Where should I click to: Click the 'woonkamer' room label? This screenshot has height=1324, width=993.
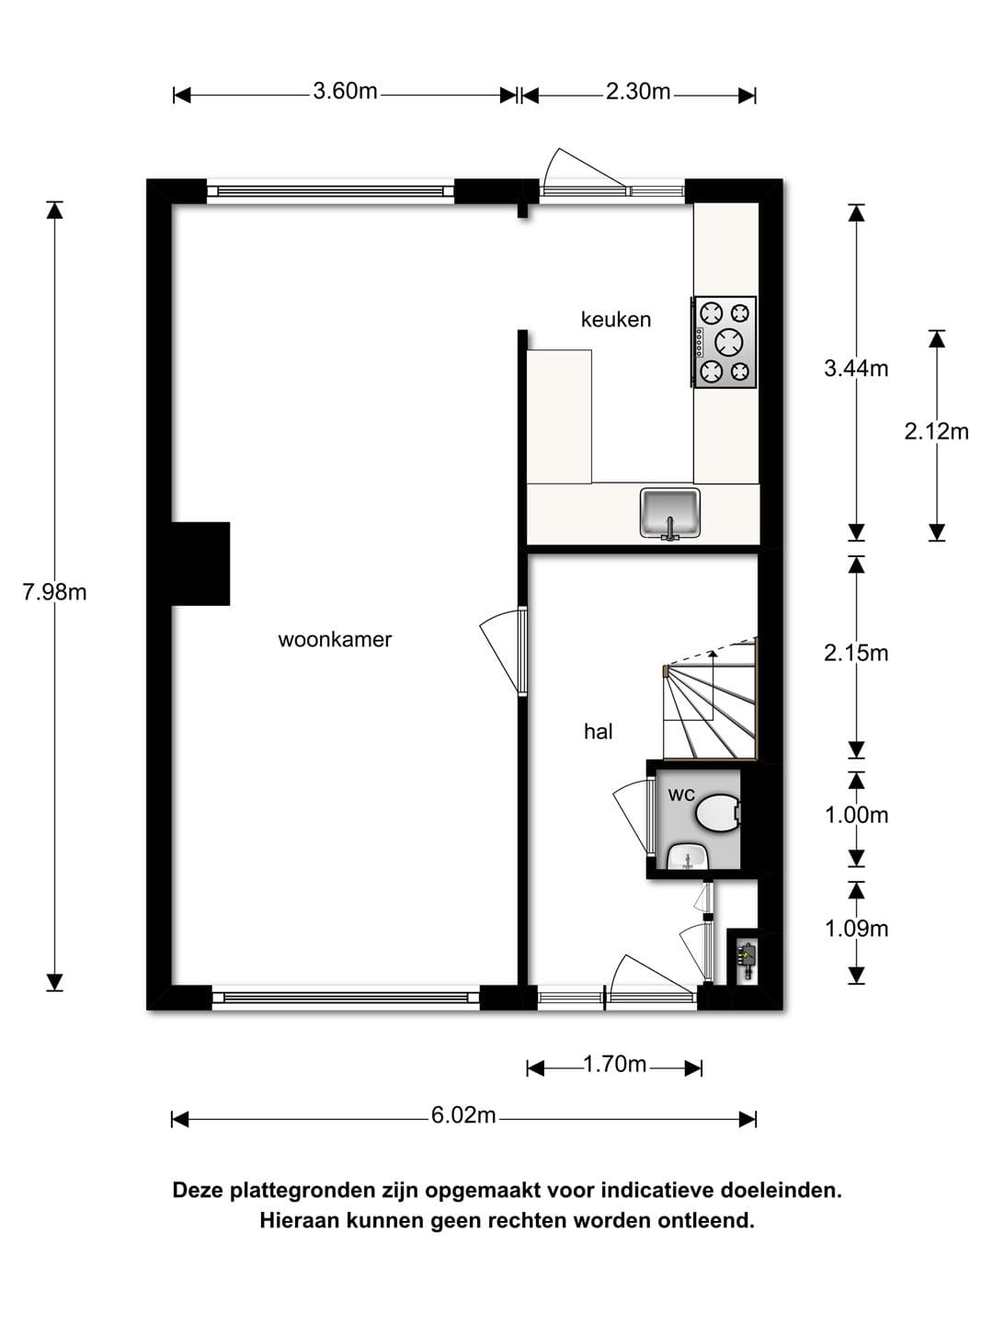click(335, 640)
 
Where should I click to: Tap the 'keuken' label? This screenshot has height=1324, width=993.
click(616, 319)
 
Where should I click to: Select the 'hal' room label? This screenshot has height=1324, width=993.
click(598, 732)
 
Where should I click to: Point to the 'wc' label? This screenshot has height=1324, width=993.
click(681, 795)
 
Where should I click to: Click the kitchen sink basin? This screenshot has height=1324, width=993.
click(670, 512)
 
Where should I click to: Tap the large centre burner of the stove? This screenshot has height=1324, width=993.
click(728, 342)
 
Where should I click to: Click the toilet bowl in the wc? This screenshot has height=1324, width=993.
click(717, 812)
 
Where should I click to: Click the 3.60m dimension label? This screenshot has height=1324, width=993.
click(345, 92)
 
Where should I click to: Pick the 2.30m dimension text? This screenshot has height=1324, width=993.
click(638, 92)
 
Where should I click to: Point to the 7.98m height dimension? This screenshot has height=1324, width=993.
click(55, 592)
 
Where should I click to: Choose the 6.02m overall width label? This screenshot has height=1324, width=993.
click(463, 1114)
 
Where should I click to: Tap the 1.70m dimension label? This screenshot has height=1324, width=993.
click(614, 1064)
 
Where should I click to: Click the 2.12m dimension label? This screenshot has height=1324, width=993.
click(936, 431)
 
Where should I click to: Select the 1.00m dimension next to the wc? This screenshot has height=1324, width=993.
click(856, 816)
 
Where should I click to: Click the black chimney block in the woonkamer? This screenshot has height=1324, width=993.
click(200, 564)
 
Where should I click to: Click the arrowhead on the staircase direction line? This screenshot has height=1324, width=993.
click(713, 653)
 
